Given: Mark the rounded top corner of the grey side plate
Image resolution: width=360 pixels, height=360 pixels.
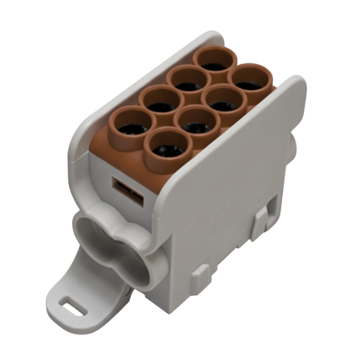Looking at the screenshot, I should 294,84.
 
